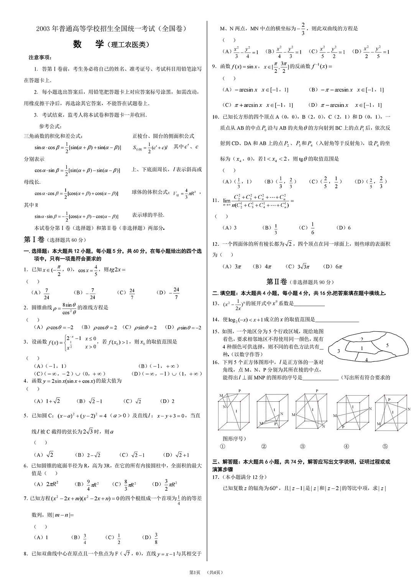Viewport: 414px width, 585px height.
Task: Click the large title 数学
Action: coord(88,44)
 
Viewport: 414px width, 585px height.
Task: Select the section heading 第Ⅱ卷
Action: coord(277,282)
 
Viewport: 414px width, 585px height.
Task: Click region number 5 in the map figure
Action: coord(387,345)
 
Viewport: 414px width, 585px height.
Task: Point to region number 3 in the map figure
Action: coord(338,351)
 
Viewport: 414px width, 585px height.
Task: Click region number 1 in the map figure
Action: coord(362,348)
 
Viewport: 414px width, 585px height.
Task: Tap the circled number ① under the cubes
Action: coord(223,446)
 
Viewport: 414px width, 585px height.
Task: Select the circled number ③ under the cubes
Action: coord(302,446)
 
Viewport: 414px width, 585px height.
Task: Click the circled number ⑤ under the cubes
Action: coord(385,446)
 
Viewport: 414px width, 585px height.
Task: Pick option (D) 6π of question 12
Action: coord(333,266)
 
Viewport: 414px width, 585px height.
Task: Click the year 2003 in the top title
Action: coord(43,29)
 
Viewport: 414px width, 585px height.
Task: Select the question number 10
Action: coord(215,117)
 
